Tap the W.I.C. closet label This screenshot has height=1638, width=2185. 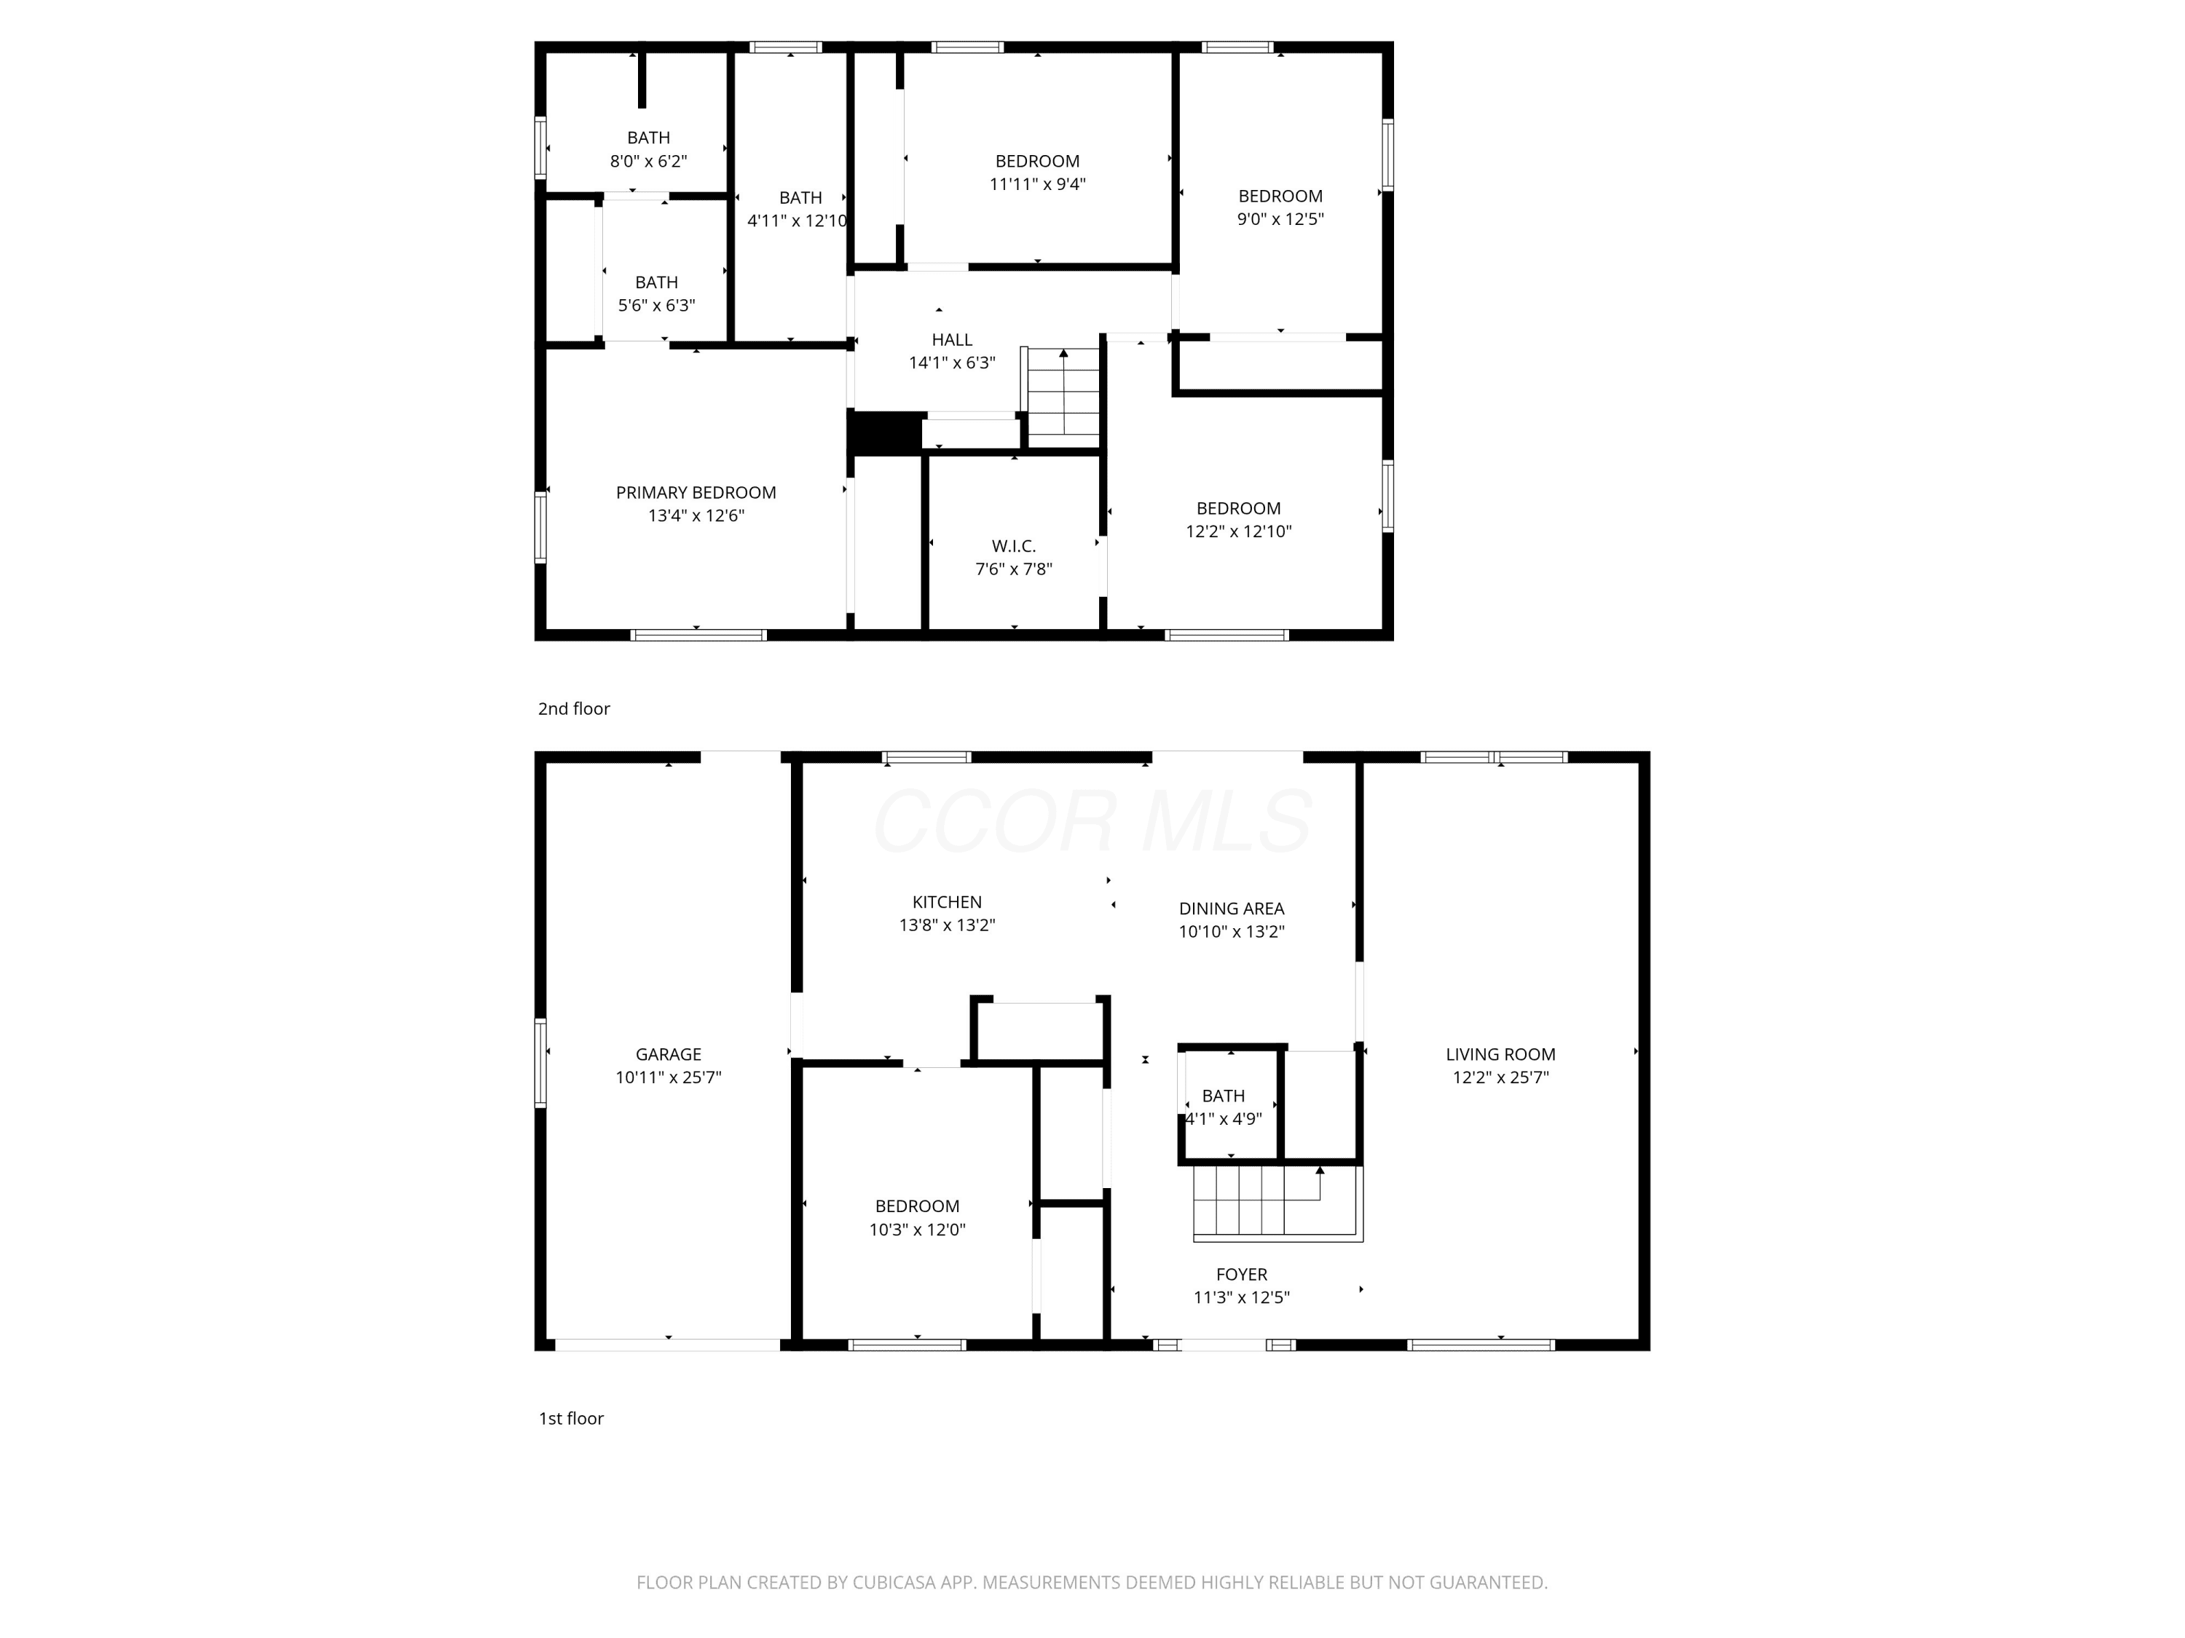pos(1014,546)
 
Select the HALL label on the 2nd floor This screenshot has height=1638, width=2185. pos(951,340)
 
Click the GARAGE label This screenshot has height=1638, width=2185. pos(669,1054)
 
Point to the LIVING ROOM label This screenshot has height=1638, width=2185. pos(1500,1054)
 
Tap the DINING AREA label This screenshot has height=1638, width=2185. pos(1231,909)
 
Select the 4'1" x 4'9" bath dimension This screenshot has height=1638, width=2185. pos(1224,1119)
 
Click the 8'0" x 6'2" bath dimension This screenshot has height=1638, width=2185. pos(648,161)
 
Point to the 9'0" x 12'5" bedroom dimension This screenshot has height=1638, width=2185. pos(1280,219)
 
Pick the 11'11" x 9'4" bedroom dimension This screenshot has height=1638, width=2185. pos(1037,183)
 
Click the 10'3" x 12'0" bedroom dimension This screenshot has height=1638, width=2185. pos(917,1230)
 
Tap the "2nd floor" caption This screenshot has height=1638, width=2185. pos(574,709)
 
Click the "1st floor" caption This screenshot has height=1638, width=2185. pos(571,1419)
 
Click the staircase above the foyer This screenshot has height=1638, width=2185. pos(1278,1202)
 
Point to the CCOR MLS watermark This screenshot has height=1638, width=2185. pos(1092,821)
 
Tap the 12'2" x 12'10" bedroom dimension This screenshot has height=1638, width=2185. pos(1239,531)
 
